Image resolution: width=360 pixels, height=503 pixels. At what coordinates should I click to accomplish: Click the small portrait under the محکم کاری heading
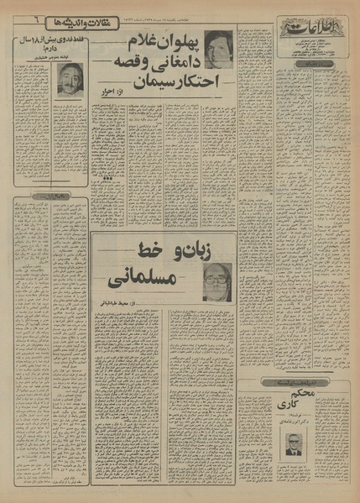click(x=294, y=451)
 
